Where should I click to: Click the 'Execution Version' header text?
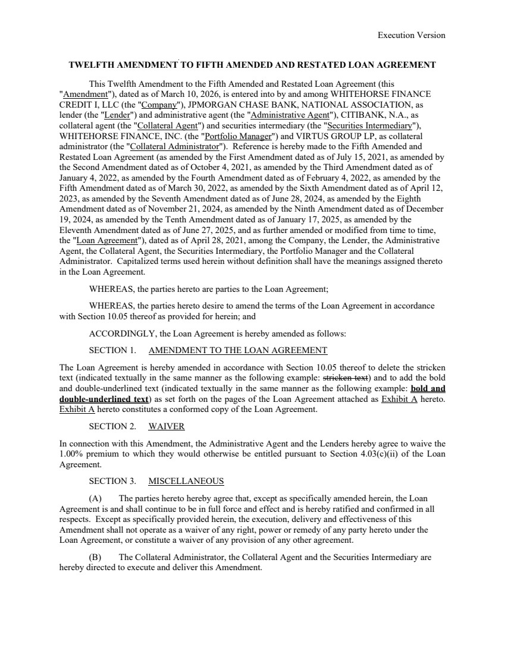pyautogui.click(x=411, y=35)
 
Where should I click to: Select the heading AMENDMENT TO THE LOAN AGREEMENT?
pyautogui.click(x=237, y=350)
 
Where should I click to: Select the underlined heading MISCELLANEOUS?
pyautogui.click(x=186, y=481)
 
